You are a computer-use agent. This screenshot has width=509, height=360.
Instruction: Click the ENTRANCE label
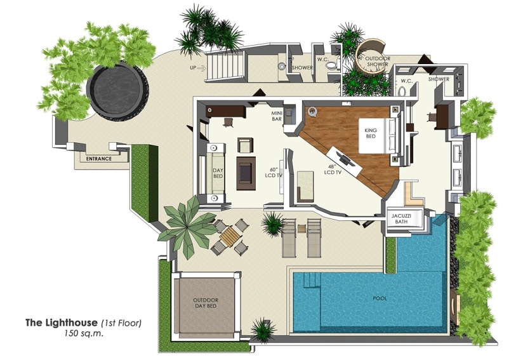point(99,159)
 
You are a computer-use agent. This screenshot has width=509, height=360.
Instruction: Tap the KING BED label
point(371,133)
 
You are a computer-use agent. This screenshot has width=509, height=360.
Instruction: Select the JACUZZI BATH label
point(401,220)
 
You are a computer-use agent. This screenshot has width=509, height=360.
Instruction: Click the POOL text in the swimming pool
point(380,298)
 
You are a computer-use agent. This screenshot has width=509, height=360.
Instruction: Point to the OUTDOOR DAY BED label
point(206,303)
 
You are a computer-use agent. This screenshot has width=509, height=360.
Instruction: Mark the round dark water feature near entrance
point(116,90)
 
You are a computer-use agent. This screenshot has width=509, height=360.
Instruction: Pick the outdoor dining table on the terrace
point(230,236)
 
